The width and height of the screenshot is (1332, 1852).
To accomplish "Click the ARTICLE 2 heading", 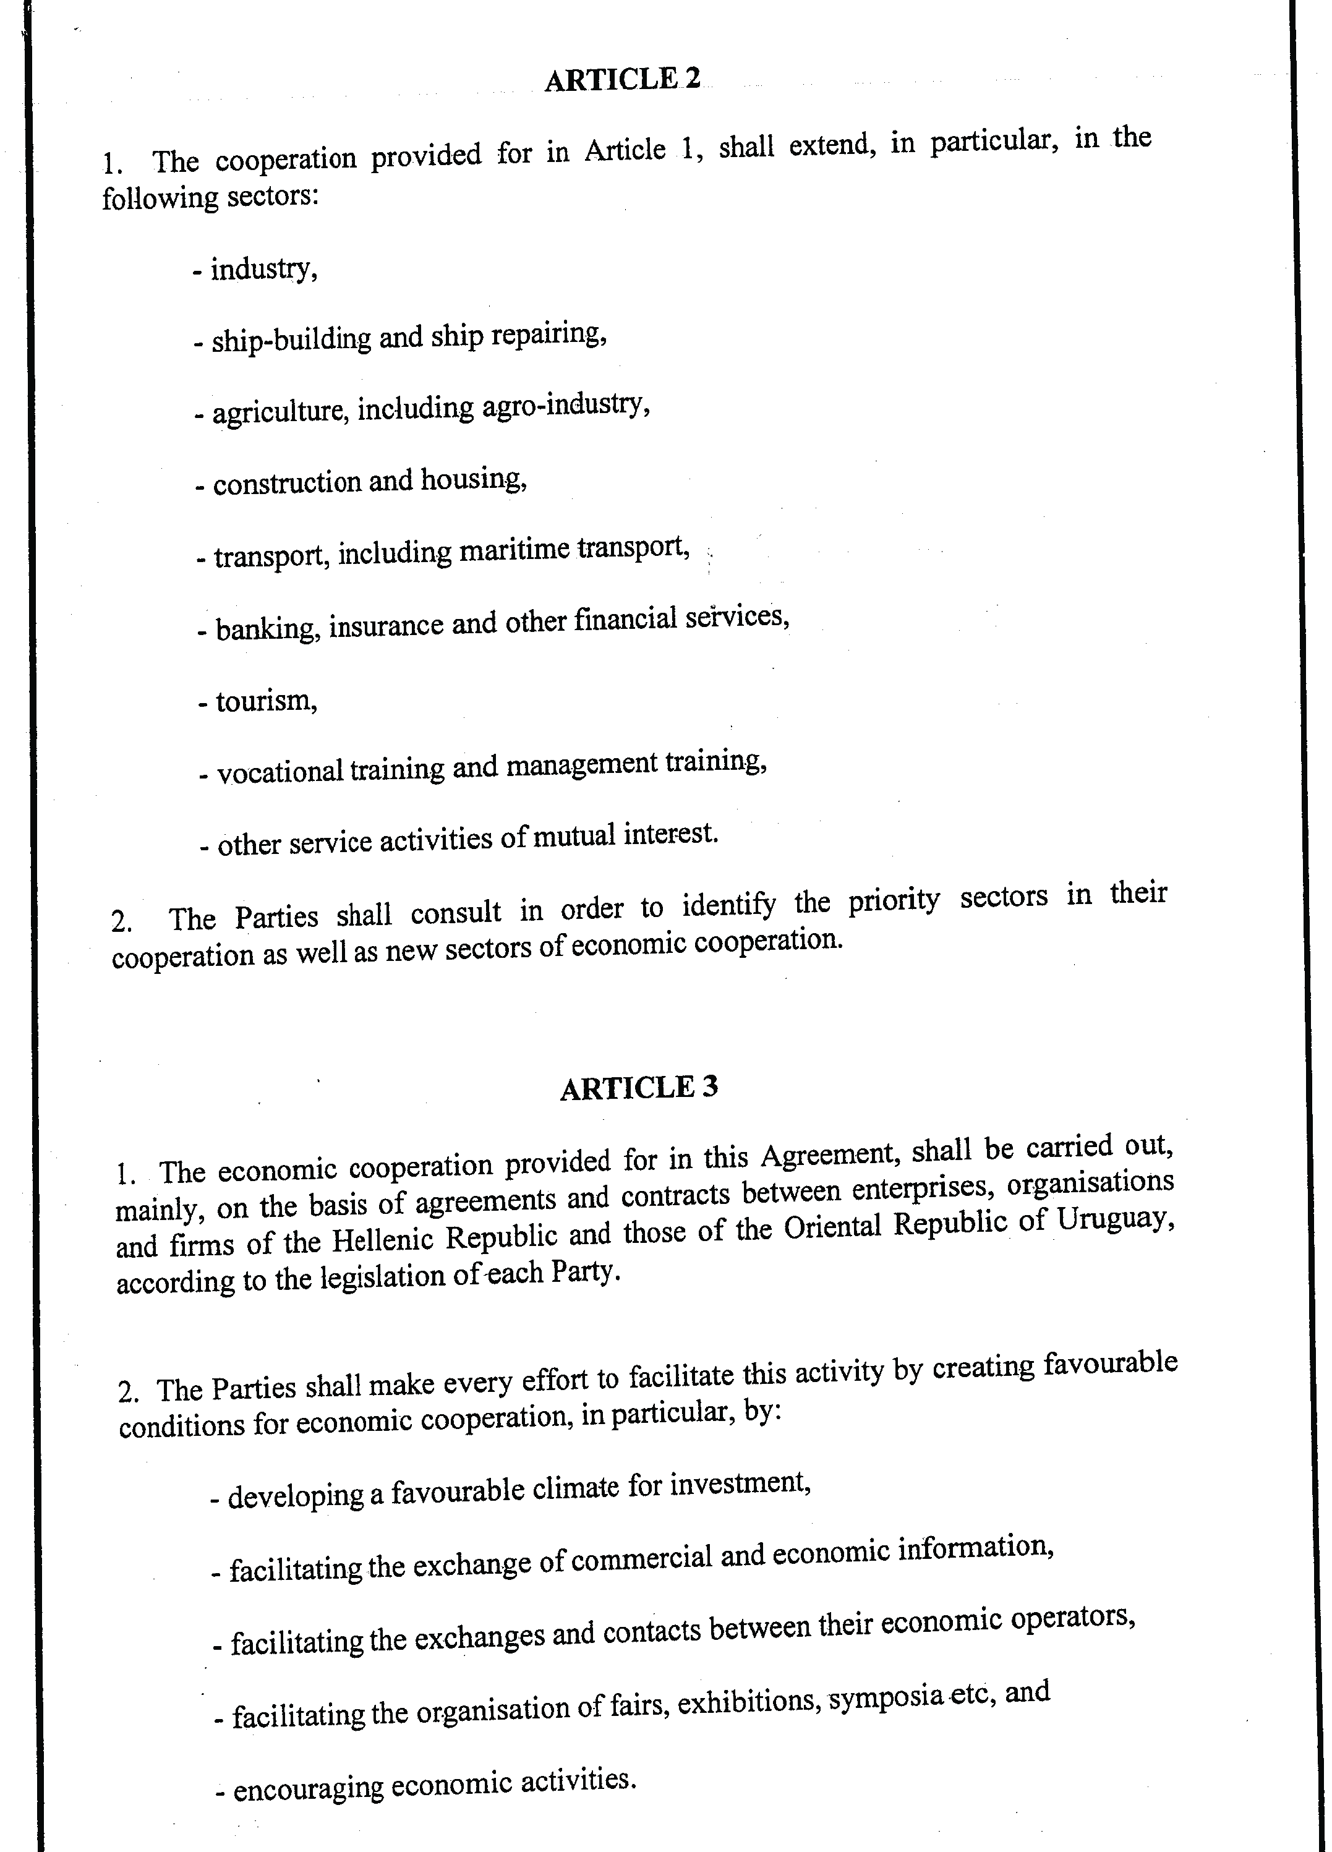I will coord(622,79).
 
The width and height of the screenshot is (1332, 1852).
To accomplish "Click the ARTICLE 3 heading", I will coord(639,1088).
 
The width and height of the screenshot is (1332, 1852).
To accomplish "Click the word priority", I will coord(894,901).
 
